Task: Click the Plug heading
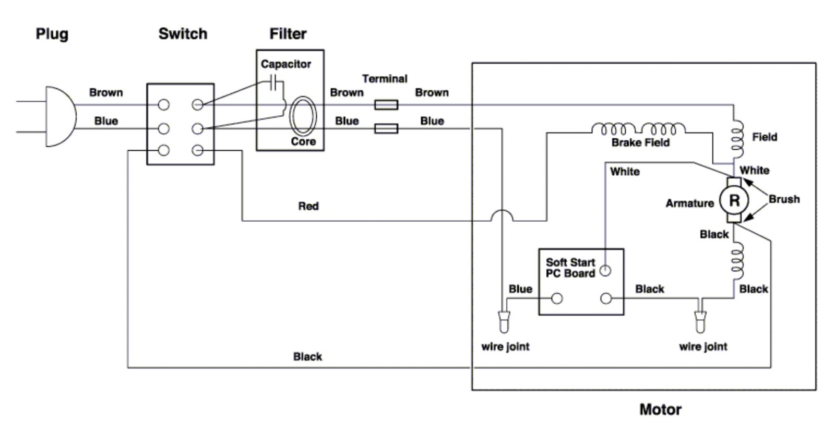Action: pyautogui.click(x=52, y=34)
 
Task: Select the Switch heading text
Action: pyautogui.click(x=183, y=34)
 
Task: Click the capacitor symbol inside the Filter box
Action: pyautogui.click(x=273, y=82)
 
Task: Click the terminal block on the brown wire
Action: pyautogui.click(x=386, y=105)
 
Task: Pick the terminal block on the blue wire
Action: pyautogui.click(x=386, y=128)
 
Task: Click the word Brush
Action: pyautogui.click(x=784, y=199)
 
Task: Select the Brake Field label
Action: pyautogui.click(x=640, y=142)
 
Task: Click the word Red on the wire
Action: pyautogui.click(x=308, y=206)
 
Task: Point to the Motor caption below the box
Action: pyautogui.click(x=661, y=410)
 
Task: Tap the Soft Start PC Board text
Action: pyautogui.click(x=570, y=268)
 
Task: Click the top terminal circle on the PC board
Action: pyautogui.click(x=605, y=271)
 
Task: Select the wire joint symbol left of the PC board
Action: pyautogui.click(x=504, y=321)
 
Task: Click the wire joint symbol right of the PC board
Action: pyautogui.click(x=700, y=321)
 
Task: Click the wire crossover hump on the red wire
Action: pyautogui.click(x=502, y=211)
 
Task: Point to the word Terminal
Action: pyautogui.click(x=385, y=79)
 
